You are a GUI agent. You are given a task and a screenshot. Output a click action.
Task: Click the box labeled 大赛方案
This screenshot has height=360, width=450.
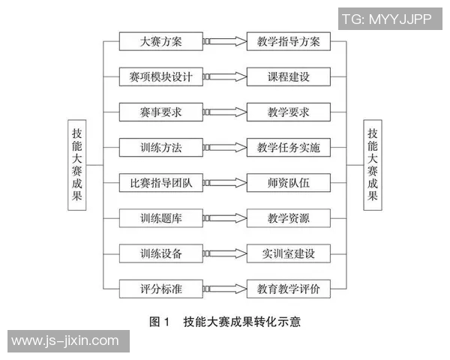pos(161,41)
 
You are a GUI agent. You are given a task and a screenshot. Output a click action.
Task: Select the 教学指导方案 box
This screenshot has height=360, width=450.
pos(288,41)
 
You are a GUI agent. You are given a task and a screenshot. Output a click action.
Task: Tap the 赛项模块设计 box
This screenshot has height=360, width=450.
pos(161,76)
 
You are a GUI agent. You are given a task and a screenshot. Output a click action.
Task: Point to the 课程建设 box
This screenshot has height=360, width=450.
pos(288,76)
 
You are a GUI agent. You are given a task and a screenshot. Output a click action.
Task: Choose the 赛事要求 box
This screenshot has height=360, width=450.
pos(161,112)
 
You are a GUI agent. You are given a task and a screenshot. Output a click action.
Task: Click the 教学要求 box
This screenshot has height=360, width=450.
pos(288,112)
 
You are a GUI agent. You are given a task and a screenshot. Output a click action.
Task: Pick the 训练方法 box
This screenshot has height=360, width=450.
pos(161,148)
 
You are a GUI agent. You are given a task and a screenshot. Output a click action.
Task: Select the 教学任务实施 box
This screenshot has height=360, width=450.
pos(288,148)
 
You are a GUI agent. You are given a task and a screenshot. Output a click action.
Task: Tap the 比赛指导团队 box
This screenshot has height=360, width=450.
pos(161,183)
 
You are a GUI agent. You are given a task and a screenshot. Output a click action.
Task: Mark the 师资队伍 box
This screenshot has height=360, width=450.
pos(288,183)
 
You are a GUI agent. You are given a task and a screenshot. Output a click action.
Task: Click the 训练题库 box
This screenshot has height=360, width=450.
pos(161,218)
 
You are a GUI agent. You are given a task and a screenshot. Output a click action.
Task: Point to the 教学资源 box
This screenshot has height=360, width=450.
pos(288,218)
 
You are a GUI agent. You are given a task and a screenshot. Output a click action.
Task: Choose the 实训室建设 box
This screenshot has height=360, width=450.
pos(288,253)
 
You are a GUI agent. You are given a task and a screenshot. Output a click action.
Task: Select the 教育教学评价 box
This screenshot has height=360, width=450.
pos(288,289)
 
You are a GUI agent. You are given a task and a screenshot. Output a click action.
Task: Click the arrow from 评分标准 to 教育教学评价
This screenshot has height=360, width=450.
pos(224,289)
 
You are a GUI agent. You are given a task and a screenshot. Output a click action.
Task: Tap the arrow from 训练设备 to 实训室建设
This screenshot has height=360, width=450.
pos(224,253)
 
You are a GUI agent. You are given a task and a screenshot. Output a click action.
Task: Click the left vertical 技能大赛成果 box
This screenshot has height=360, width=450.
pos(77,164)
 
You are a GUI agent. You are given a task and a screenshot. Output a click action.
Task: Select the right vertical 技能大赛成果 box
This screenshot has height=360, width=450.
pos(373,164)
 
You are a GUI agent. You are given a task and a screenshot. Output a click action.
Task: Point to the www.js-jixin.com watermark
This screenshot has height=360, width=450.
pos(64,341)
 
